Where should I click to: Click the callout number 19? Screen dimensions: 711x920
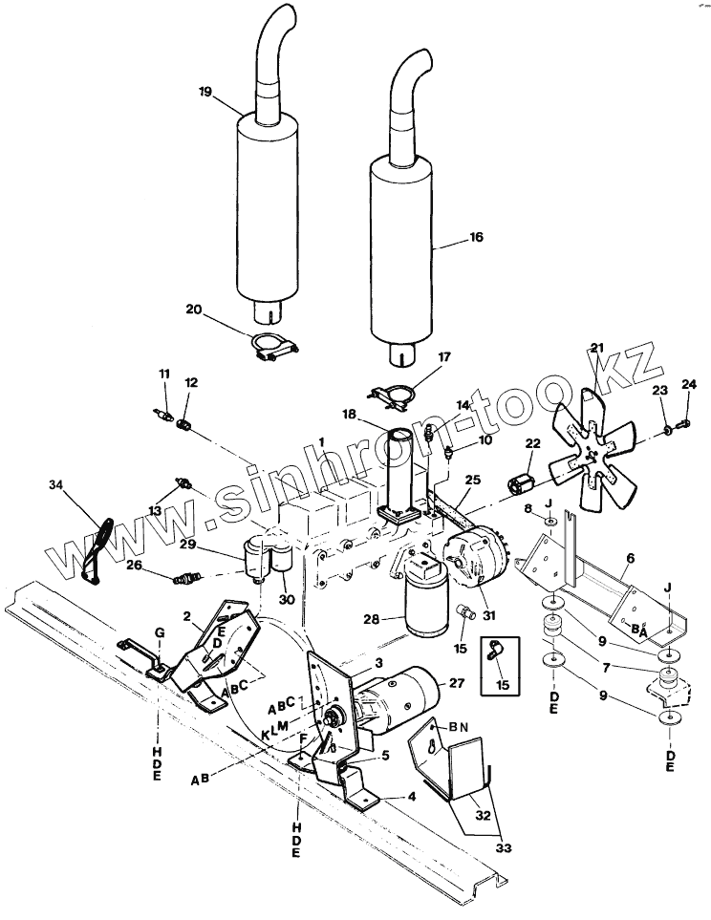point(205,92)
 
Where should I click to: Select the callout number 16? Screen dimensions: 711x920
point(476,237)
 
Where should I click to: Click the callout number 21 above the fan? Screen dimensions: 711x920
point(597,348)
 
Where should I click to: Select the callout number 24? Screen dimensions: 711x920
point(689,384)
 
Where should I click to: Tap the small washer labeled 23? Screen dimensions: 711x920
point(668,431)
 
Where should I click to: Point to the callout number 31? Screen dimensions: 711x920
point(489,615)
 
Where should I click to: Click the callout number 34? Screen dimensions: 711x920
point(55,484)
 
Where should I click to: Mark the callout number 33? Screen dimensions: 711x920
point(504,847)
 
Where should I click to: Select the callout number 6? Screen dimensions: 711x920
point(630,559)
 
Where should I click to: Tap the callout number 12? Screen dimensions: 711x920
point(191,382)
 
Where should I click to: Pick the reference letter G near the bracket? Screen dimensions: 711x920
point(160,632)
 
